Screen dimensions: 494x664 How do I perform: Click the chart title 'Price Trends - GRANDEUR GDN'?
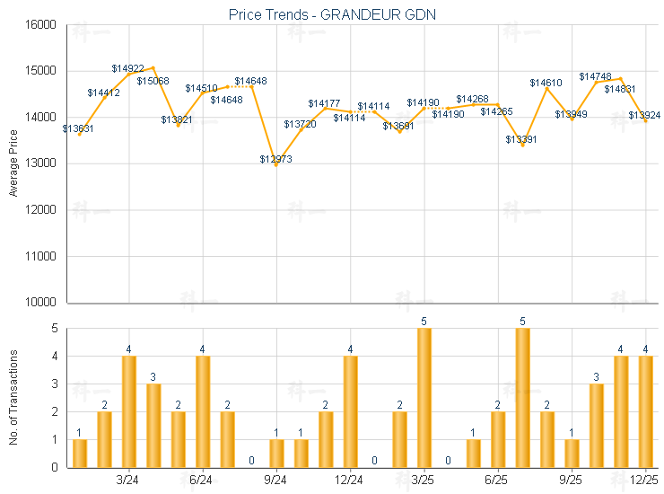[331, 13]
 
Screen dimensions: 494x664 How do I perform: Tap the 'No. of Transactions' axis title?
[13, 398]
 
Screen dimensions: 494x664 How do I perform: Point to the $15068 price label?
[153, 81]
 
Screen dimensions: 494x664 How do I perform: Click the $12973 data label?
[275, 159]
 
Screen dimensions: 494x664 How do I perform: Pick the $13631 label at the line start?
[78, 128]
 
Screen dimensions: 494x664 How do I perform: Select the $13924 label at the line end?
[644, 115]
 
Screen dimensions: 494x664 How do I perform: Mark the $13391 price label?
[521, 139]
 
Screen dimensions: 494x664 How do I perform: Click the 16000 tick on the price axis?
[41, 24]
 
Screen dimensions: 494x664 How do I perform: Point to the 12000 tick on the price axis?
[41, 210]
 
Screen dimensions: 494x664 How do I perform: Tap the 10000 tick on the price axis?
[41, 303]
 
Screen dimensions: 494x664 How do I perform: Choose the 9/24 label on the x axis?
[275, 480]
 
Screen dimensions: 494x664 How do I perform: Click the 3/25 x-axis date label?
[424, 480]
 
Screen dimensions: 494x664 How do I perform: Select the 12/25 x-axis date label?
[645, 480]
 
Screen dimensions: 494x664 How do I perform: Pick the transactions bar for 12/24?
[350, 412]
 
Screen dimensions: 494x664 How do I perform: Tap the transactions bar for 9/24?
[276, 454]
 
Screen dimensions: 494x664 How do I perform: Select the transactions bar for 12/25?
[645, 412]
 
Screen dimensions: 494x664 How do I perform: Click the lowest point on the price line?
[275, 165]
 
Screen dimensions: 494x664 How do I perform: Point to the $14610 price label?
[546, 83]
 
